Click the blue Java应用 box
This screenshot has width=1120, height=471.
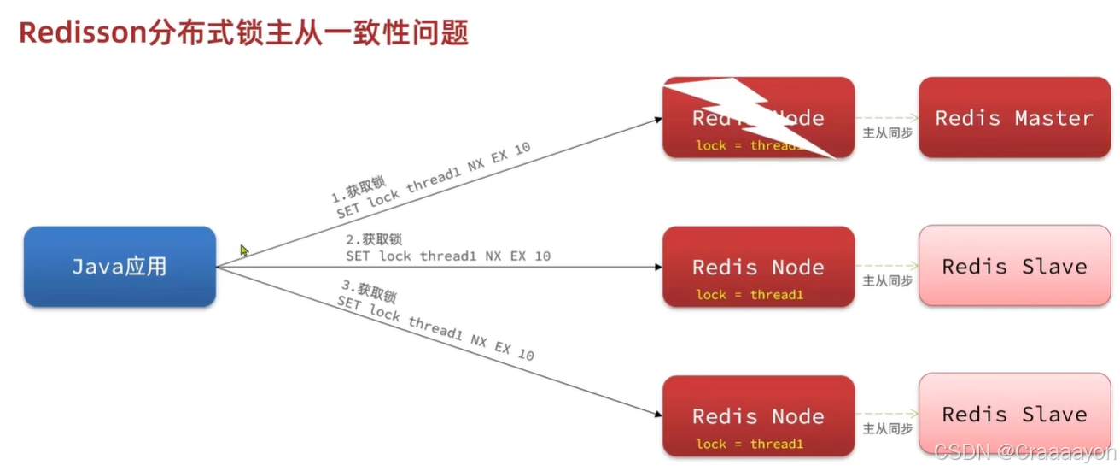(x=120, y=267)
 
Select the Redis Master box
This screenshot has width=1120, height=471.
(x=1014, y=118)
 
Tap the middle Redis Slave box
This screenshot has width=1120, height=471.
(x=1014, y=266)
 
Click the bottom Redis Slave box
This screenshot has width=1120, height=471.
(x=1014, y=415)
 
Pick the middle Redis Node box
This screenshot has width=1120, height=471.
(x=758, y=266)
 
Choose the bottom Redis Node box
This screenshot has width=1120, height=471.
(x=758, y=415)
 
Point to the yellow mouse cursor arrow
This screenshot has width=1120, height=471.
(x=244, y=250)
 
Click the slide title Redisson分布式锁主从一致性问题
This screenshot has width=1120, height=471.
(x=243, y=33)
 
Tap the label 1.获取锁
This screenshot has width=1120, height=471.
(x=359, y=190)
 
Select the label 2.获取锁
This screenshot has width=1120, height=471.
(x=374, y=239)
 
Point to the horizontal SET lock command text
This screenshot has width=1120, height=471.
(x=448, y=256)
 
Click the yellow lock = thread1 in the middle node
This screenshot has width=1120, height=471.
(x=750, y=295)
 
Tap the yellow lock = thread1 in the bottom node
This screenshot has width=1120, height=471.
(x=750, y=444)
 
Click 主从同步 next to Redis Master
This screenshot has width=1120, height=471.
(x=887, y=132)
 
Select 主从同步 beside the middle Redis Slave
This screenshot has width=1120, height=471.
(x=887, y=280)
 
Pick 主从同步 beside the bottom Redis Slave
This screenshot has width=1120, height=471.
(x=887, y=429)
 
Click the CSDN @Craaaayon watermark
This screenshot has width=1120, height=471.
(x=1024, y=451)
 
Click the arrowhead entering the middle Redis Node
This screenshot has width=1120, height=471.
(x=656, y=267)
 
